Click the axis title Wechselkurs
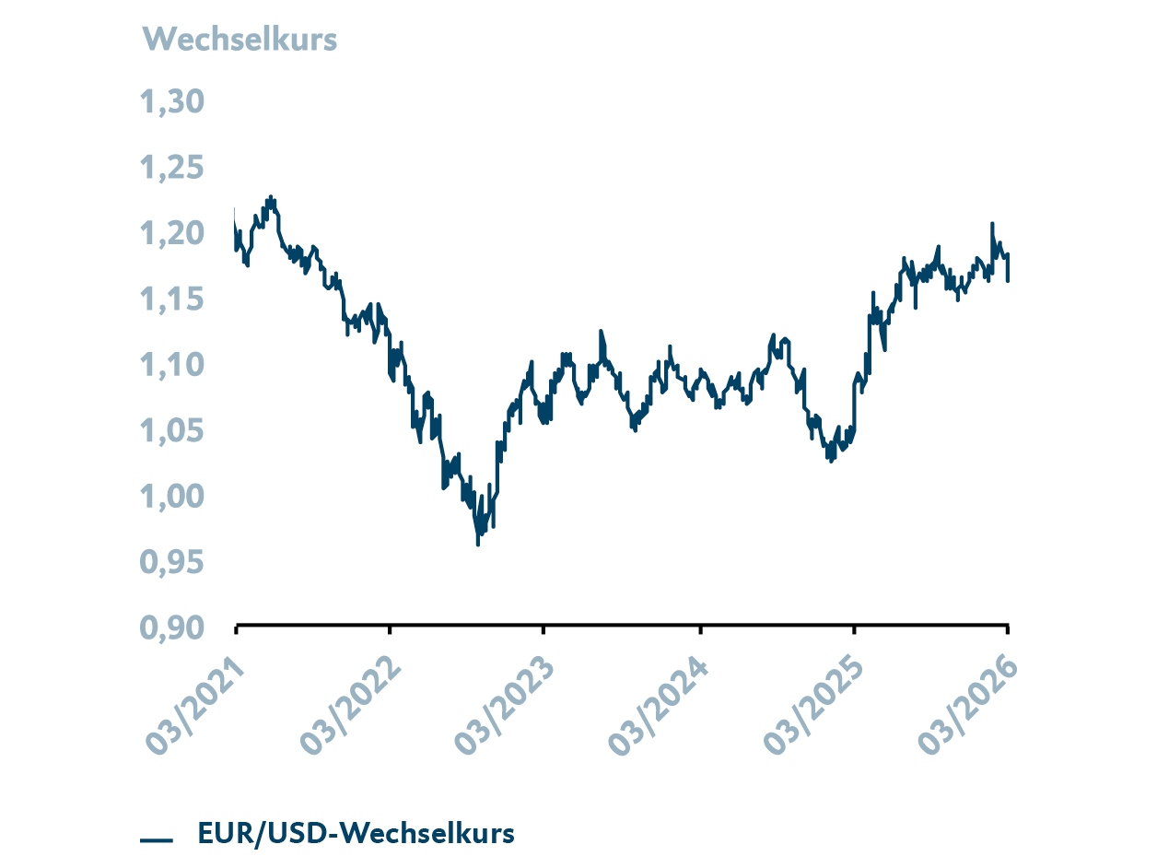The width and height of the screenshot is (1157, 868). pyautogui.click(x=240, y=40)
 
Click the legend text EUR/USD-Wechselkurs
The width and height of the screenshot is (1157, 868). pyautogui.click(x=356, y=834)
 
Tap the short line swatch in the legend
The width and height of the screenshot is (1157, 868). pyautogui.click(x=157, y=839)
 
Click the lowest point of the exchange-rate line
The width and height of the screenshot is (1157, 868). pyautogui.click(x=477, y=545)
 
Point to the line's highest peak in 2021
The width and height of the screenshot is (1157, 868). pyautogui.click(x=271, y=196)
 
